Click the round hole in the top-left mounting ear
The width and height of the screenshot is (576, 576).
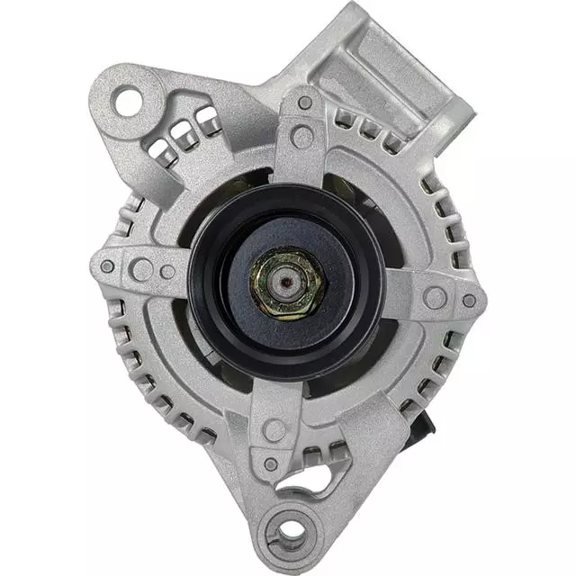128,99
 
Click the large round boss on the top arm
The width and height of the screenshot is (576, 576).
303,137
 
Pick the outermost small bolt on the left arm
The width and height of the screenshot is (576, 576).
107,266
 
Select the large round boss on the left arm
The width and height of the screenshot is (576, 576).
141,269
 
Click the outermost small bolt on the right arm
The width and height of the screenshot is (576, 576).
469,299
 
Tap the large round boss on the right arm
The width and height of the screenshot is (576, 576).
436,296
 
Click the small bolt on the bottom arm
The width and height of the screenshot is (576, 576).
271,464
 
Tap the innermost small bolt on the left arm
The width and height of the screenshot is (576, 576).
168,271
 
